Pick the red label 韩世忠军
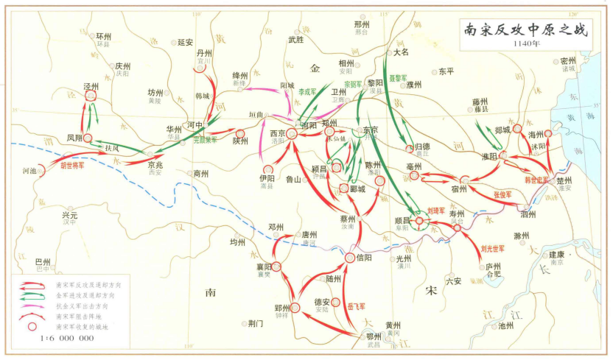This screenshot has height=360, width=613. [537, 179]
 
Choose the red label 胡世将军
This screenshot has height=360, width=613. [72, 166]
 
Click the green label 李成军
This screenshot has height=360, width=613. [307, 92]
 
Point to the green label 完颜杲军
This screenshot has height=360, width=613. [205, 138]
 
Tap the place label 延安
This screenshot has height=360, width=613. [185, 42]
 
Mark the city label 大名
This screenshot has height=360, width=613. [401, 52]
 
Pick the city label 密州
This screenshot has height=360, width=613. [568, 60]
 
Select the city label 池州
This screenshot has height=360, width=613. [505, 325]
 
